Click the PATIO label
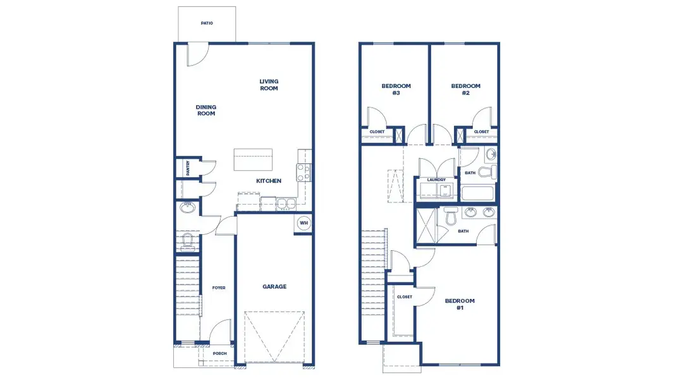tap(207, 23)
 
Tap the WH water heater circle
tap(303, 223)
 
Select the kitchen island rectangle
tap(253, 160)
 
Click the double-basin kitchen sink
tap(285, 204)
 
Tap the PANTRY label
tap(188, 168)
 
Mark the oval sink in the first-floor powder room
tap(187, 207)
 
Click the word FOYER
tap(219, 288)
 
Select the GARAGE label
tap(274, 287)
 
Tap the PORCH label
tap(219, 353)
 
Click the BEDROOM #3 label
tap(396, 89)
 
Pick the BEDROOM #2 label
tap(465, 89)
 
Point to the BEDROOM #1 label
tap(460, 304)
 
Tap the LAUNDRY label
tap(436, 180)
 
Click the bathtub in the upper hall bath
tap(479, 194)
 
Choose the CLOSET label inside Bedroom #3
tap(377, 132)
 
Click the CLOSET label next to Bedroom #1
tap(405, 297)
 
